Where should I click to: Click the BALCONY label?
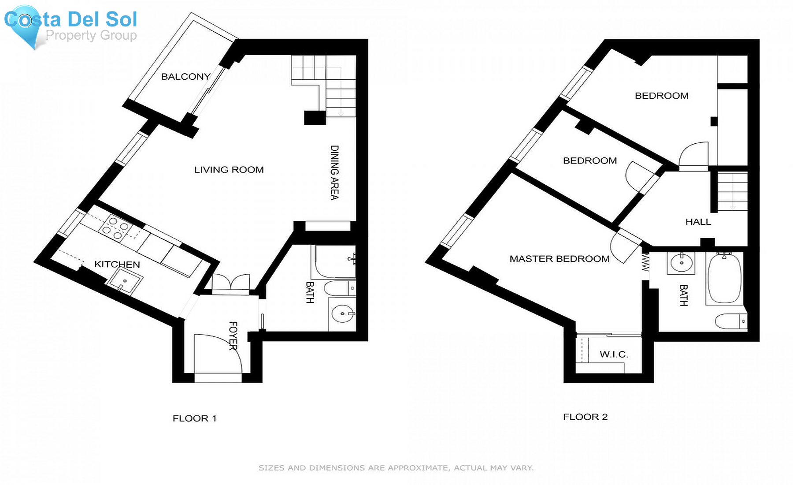185,77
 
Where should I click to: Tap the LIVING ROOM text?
229,170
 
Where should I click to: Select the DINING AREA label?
335,172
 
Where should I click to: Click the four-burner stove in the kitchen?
115,228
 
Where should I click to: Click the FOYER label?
233,336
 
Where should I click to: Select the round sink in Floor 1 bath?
343,314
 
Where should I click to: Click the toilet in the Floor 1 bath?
339,289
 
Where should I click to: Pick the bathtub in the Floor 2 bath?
724,278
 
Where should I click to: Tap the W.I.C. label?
614,354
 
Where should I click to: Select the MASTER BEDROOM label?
560,259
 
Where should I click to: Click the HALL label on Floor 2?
698,222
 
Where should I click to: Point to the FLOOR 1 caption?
194,418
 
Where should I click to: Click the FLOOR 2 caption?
585,417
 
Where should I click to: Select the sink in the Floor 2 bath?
681,263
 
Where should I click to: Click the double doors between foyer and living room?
230,282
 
